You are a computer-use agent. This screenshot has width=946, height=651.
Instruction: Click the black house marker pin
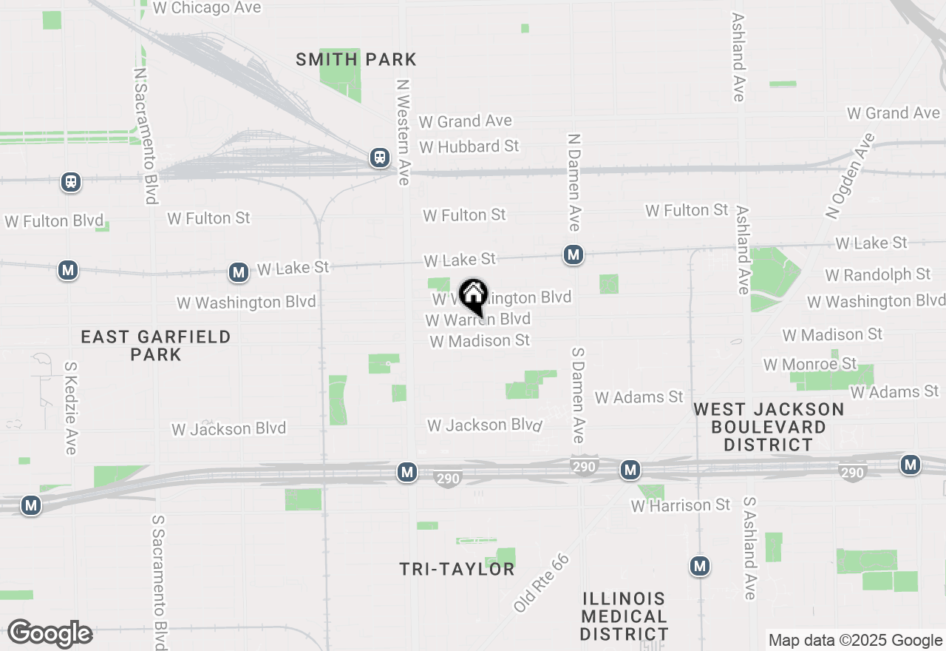point(473,297)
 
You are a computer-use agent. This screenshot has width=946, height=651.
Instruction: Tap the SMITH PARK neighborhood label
point(356,59)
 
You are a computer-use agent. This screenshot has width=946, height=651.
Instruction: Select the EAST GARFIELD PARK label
point(156,345)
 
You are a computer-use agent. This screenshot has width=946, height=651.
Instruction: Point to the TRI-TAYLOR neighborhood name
point(457,569)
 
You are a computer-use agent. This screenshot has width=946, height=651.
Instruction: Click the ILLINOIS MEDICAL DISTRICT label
point(624,616)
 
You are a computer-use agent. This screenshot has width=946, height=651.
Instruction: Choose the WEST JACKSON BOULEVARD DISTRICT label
point(769,427)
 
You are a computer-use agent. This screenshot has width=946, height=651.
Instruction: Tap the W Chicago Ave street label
point(207,8)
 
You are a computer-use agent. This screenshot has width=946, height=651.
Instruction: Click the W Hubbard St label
point(469,146)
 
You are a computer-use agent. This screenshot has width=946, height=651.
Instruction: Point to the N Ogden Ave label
point(850,176)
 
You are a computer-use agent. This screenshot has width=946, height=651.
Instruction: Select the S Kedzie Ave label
point(71,408)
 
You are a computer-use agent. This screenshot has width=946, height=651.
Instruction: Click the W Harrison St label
point(680,506)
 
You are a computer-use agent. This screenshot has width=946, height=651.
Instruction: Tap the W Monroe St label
point(810,364)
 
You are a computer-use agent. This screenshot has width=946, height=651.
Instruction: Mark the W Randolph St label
point(877,274)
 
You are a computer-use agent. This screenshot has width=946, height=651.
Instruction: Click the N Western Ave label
point(403,127)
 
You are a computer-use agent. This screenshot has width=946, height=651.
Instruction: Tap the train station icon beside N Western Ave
point(380,158)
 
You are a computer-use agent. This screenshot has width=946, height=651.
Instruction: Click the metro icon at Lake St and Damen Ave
point(573,255)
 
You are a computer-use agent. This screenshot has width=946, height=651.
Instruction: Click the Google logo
point(50,634)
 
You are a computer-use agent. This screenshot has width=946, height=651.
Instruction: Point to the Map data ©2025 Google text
point(855,641)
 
